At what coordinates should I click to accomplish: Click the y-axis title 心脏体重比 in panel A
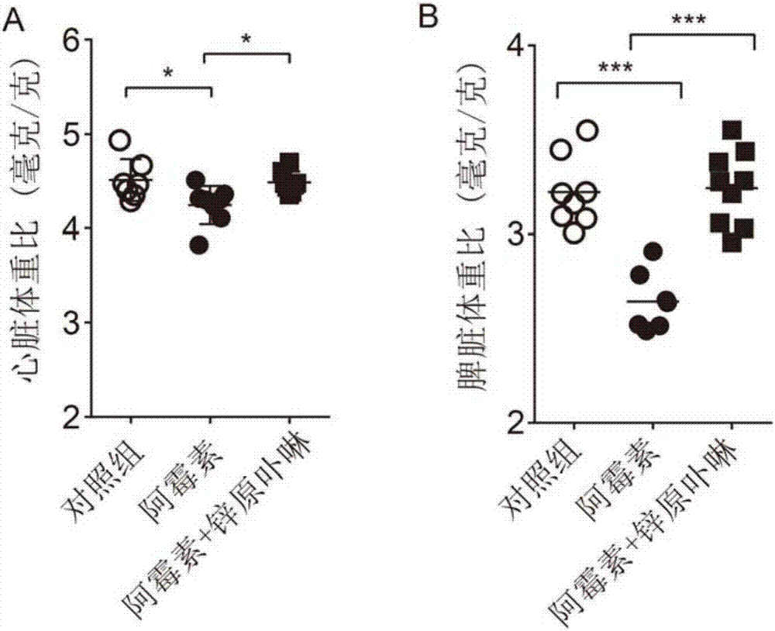29,225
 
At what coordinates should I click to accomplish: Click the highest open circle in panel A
119,140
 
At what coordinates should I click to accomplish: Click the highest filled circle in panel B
653,251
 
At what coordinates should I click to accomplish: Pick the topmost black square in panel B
730,129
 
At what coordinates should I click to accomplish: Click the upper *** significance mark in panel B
688,21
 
